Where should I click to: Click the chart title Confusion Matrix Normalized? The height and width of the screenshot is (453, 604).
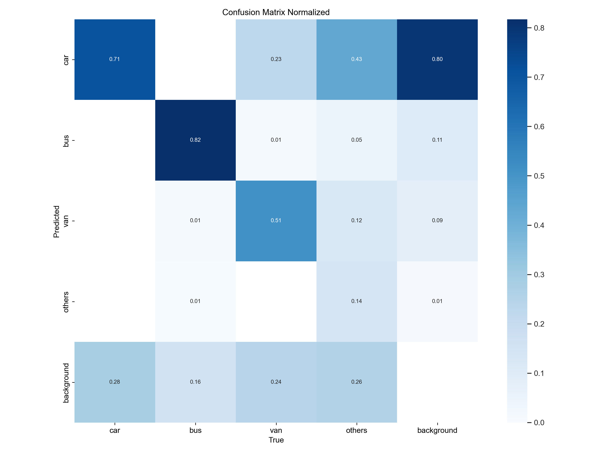coord(276,12)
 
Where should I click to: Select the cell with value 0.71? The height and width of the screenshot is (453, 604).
coord(115,59)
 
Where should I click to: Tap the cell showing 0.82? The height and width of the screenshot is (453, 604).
coord(195,140)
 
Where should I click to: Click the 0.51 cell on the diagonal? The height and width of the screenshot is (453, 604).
coord(276,220)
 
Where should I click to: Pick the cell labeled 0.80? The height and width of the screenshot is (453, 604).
coord(437,59)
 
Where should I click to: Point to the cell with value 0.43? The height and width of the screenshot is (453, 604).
coord(356,59)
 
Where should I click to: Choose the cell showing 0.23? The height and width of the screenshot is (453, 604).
coord(276,59)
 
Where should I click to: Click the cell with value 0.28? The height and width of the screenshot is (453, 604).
coord(115,382)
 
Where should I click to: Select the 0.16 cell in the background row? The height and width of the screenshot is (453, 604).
coord(195,382)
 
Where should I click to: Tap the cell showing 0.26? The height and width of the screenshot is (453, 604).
coord(356,382)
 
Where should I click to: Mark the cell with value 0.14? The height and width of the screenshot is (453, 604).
coord(356,301)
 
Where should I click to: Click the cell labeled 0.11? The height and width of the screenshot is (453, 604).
coord(437,140)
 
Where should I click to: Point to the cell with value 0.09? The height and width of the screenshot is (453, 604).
coord(437,220)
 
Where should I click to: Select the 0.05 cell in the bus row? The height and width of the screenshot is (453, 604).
coord(356,140)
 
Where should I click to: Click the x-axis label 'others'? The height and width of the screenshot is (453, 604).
coord(356,430)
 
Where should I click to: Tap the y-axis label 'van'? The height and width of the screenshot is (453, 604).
coord(65,221)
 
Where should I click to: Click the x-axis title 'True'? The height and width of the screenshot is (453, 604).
coord(276,440)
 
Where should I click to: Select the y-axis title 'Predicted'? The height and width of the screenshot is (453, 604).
coord(56,221)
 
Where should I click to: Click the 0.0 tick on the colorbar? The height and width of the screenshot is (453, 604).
coord(539,422)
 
